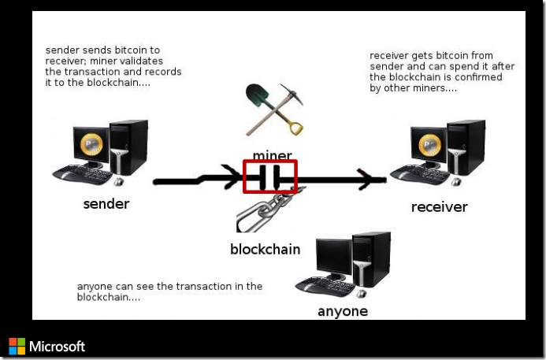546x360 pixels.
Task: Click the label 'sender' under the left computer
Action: pyautogui.click(x=106, y=205)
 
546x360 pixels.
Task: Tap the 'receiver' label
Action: pyautogui.click(x=439, y=207)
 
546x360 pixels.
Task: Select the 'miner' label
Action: pyautogui.click(x=273, y=154)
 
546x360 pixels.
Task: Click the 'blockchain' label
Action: pyautogui.click(x=265, y=250)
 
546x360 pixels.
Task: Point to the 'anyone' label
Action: pyautogui.click(x=343, y=311)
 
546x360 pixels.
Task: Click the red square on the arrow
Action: pyautogui.click(x=270, y=176)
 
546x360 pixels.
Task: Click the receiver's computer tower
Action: pyautogui.click(x=466, y=148)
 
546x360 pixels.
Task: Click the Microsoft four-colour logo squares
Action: pyautogui.click(x=17, y=346)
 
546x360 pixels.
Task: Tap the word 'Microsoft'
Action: pyautogui.click(x=57, y=346)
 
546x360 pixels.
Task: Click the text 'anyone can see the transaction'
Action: pyautogui.click(x=169, y=286)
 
